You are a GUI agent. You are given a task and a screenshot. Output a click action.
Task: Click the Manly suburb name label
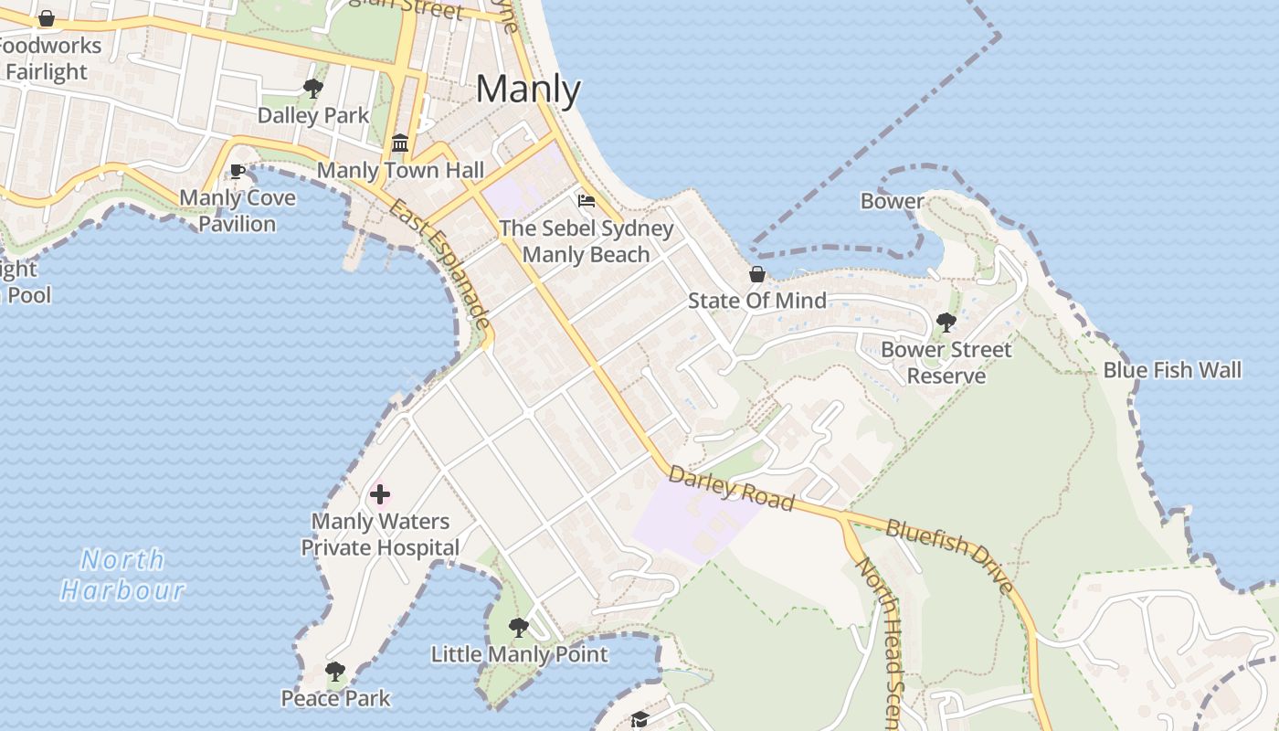[528, 90]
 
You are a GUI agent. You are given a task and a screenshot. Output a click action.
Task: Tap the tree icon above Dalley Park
[313, 89]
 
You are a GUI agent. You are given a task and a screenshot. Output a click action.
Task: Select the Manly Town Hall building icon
[400, 143]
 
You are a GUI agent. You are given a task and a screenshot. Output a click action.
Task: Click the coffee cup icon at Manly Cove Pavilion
[238, 171]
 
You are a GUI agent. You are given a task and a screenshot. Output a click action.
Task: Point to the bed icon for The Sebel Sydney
[587, 201]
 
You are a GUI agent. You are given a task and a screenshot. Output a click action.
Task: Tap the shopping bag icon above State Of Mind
[756, 274]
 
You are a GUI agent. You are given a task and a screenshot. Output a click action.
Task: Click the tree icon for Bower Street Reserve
[946, 323]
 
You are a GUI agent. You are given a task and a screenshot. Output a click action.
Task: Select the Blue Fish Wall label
[1172, 370]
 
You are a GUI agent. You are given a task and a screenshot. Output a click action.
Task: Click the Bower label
[892, 201]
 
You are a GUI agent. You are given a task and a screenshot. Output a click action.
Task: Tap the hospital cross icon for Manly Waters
[380, 495]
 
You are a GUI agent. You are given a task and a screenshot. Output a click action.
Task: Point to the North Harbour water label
[123, 575]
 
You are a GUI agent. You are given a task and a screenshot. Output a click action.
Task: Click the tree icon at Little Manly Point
[519, 628]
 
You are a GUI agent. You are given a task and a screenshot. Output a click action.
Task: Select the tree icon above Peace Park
[335, 672]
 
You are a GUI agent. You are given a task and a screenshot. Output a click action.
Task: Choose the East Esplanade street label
[441, 265]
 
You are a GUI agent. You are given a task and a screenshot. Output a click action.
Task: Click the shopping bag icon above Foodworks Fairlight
[47, 18]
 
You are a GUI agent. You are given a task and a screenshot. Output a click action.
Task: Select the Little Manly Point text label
[519, 654]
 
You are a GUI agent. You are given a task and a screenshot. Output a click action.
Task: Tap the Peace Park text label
[335, 699]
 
